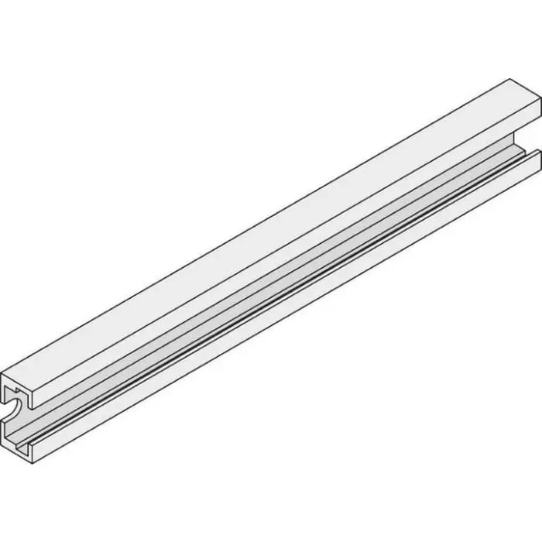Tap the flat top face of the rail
pos(279,232)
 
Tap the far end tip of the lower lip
pos(534,154)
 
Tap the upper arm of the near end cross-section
pos(19,387)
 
